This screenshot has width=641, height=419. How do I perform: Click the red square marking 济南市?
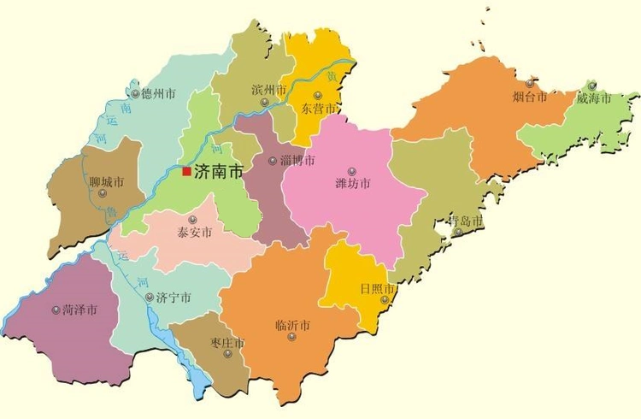coord(186,171)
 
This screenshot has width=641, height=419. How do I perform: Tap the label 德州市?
coord(158,94)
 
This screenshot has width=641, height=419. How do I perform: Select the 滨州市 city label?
coord(269,90)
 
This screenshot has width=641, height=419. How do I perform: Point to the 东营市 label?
coord(319,109)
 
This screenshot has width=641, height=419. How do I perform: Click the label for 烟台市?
coord(530,97)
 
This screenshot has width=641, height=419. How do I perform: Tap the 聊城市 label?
coord(107,182)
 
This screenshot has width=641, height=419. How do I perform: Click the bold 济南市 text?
coord(219,171)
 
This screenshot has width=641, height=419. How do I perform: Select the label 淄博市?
coord(297,161)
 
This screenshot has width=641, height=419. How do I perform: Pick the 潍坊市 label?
coord(353,184)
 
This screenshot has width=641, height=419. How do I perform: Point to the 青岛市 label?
coord(465,221)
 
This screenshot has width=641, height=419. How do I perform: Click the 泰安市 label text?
coord(195,231)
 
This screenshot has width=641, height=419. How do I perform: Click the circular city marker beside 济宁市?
coord(150,298)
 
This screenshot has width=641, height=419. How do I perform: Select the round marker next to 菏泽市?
coord(56,310)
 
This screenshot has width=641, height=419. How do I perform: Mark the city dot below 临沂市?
coord(292,337)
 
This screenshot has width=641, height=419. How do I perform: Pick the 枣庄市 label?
coord(227,343)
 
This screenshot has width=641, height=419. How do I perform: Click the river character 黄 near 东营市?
coord(344,76)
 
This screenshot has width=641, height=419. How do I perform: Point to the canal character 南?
coord(126,109)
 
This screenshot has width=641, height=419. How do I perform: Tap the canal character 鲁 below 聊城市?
coord(111,218)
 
